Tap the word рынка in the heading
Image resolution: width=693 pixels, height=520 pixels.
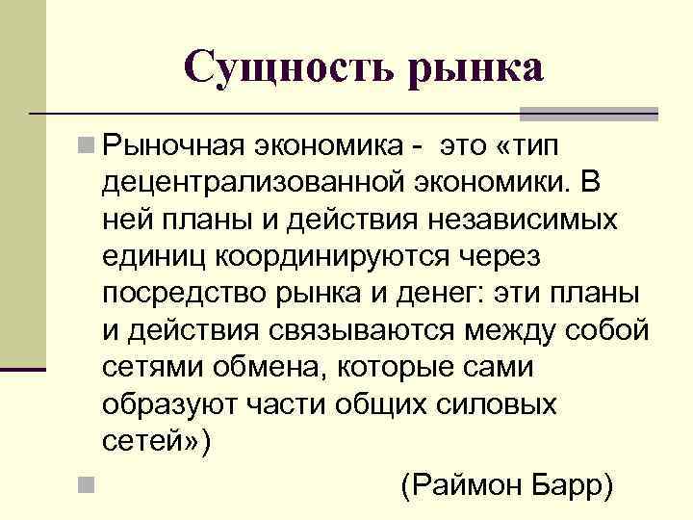pyautogui.click(x=478, y=68)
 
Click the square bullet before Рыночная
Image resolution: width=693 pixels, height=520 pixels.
pyautogui.click(x=88, y=147)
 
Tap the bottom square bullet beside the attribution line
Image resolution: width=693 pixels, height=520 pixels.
pyautogui.click(x=88, y=483)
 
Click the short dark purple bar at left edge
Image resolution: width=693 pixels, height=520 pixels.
pyautogui.click(x=23, y=369)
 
